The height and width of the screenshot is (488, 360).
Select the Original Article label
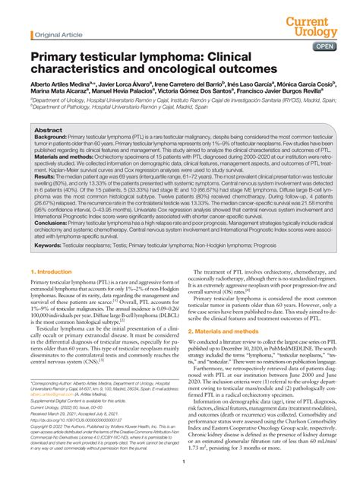tap(55, 35)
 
